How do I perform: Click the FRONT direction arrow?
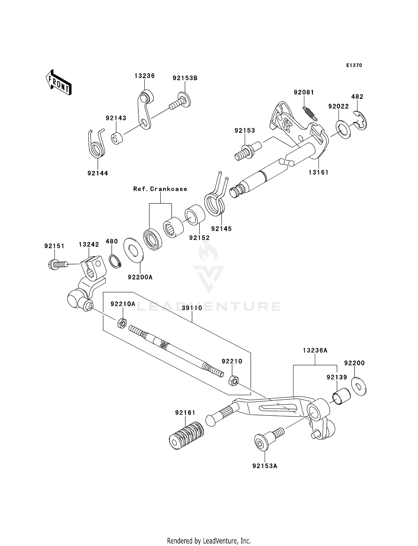(x=59, y=83)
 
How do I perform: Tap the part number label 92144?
(x=98, y=173)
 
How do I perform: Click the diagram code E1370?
(x=354, y=65)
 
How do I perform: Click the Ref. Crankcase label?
(x=160, y=189)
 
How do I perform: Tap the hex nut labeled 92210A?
(x=122, y=323)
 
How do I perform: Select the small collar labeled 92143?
(x=118, y=139)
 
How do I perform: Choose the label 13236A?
(x=315, y=351)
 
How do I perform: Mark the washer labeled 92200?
(x=359, y=387)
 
